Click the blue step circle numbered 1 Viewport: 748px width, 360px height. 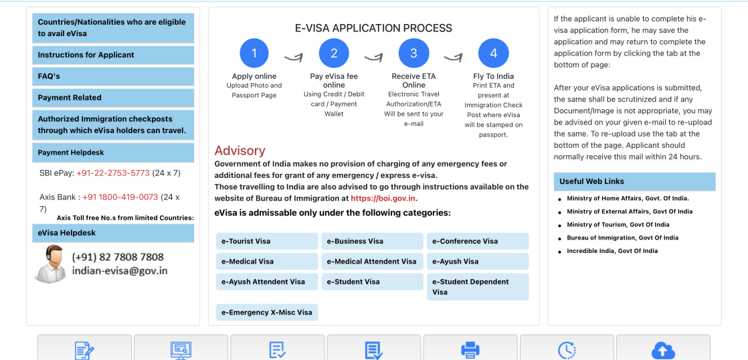(x=254, y=54)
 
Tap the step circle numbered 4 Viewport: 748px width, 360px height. (x=493, y=54)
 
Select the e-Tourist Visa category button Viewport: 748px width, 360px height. (x=267, y=241)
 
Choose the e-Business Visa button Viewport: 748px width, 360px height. (x=372, y=241)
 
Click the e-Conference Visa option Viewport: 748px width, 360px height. (x=478, y=241)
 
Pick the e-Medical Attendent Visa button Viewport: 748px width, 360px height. (x=372, y=262)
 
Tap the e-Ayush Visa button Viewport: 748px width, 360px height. (x=478, y=262)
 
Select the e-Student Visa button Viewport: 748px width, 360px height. (x=372, y=282)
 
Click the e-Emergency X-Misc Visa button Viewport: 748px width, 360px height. (x=267, y=312)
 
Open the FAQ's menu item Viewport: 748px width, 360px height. (x=113, y=76)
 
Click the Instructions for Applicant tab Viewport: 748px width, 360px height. (x=113, y=55)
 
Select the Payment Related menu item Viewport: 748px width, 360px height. (x=113, y=98)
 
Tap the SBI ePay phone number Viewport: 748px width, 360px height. (x=113, y=173)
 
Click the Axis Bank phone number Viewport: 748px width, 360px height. (x=120, y=197)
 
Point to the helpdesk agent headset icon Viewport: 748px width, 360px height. (x=50, y=262)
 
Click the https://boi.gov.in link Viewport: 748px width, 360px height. (x=383, y=199)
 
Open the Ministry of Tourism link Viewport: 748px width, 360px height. (x=618, y=225)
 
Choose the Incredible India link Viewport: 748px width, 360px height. (x=612, y=251)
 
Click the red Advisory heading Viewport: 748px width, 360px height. (x=240, y=151)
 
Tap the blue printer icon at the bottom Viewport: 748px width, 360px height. (x=470, y=350)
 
